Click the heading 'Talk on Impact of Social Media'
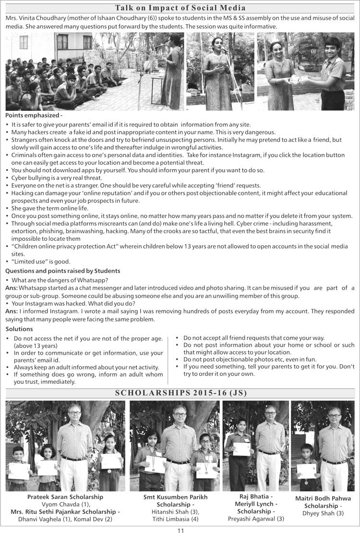180,8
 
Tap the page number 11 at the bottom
180,530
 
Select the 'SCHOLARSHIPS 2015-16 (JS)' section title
180,393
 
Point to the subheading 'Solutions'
19,329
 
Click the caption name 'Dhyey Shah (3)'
323,513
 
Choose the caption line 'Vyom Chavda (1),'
65,504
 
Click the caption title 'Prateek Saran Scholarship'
65,497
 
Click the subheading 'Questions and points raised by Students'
62,271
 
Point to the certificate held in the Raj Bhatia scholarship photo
242,449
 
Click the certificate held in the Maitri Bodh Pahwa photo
306,471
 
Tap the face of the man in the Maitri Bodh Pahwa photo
334,414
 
